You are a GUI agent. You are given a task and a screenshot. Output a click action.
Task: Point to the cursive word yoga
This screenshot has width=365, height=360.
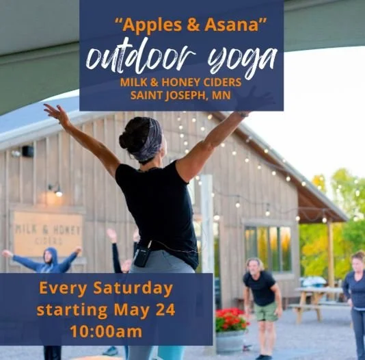[x=239, y=60]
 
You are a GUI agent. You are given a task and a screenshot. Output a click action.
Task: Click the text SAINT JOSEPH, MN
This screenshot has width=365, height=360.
[x=180, y=94]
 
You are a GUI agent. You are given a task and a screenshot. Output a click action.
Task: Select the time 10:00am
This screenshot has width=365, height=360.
[x=105, y=332]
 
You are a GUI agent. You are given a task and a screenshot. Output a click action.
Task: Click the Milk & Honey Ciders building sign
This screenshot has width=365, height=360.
[x=48, y=233]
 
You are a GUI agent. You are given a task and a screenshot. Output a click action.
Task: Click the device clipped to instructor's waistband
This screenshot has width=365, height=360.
[x=142, y=255]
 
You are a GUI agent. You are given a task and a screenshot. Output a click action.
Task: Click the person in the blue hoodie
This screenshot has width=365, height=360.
[x=47, y=263]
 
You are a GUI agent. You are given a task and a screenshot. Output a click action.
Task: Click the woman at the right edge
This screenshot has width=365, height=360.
[x=356, y=294]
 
